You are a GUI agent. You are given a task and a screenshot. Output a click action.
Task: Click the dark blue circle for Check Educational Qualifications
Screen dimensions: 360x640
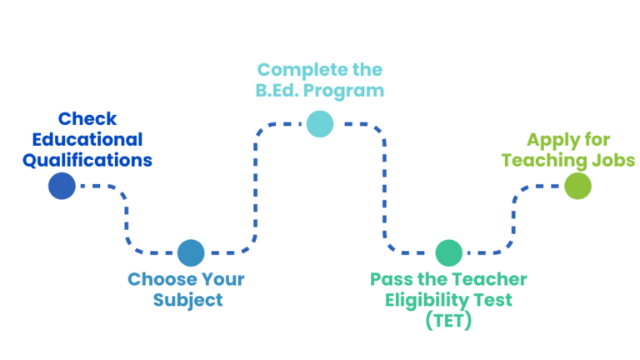[62, 186]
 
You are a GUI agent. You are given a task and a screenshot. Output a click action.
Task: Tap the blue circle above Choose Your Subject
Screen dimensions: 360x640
[191, 252]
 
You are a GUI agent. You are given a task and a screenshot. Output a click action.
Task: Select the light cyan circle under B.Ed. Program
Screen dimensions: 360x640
[319, 123]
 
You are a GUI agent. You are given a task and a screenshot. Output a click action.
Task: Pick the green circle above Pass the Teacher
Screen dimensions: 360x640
[448, 252]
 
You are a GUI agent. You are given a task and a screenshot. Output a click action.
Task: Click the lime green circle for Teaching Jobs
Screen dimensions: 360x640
[577, 186]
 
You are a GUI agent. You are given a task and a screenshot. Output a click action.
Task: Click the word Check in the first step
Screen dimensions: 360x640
[87, 119]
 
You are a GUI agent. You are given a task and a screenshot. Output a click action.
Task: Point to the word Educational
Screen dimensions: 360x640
[87, 139]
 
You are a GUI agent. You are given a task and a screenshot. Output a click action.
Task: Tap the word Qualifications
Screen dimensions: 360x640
[87, 160]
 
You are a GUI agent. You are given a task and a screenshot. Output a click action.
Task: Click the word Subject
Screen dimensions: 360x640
[188, 300]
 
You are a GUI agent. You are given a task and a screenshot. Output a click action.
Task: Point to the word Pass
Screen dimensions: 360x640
[388, 279]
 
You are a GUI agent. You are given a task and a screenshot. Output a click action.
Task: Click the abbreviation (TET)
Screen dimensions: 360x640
[448, 321]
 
